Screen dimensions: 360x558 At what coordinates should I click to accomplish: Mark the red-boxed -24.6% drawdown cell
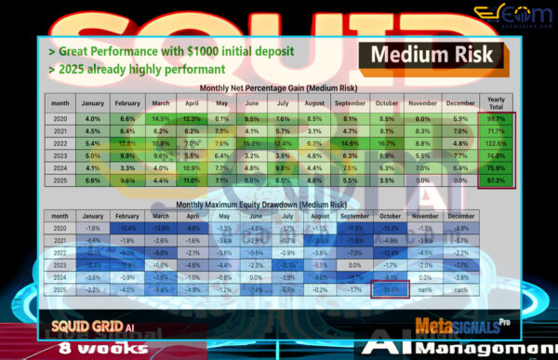(x=392, y=289)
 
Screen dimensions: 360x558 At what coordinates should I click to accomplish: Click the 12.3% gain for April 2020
(x=191, y=119)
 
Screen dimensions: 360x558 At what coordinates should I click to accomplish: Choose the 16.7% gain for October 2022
(x=392, y=143)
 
